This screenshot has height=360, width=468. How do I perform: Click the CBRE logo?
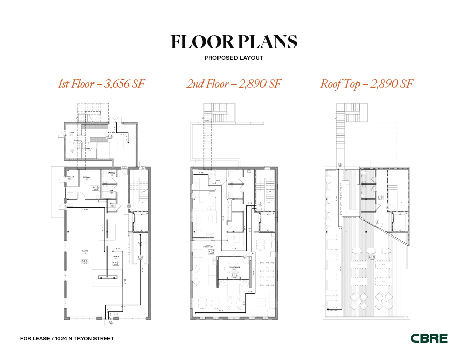[x=429, y=339]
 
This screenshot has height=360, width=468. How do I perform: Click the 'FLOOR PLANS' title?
[x=233, y=42]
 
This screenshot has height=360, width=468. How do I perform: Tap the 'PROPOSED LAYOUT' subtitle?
[x=233, y=58]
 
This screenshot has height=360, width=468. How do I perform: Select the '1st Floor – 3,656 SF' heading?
[x=101, y=84]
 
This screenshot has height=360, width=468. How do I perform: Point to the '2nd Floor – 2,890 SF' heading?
[x=233, y=84]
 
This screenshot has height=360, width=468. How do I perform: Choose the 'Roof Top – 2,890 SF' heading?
[x=367, y=84]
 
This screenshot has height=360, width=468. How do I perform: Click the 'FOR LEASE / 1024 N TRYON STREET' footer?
[x=67, y=339]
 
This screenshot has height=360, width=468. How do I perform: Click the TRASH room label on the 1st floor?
[x=71, y=133]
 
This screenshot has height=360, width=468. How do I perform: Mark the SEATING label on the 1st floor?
[x=84, y=251]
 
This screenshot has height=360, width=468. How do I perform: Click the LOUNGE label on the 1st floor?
[x=116, y=256]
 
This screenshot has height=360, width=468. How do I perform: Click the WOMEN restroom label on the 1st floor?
[x=111, y=173]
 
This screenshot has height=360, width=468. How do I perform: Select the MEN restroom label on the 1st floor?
[x=111, y=191]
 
